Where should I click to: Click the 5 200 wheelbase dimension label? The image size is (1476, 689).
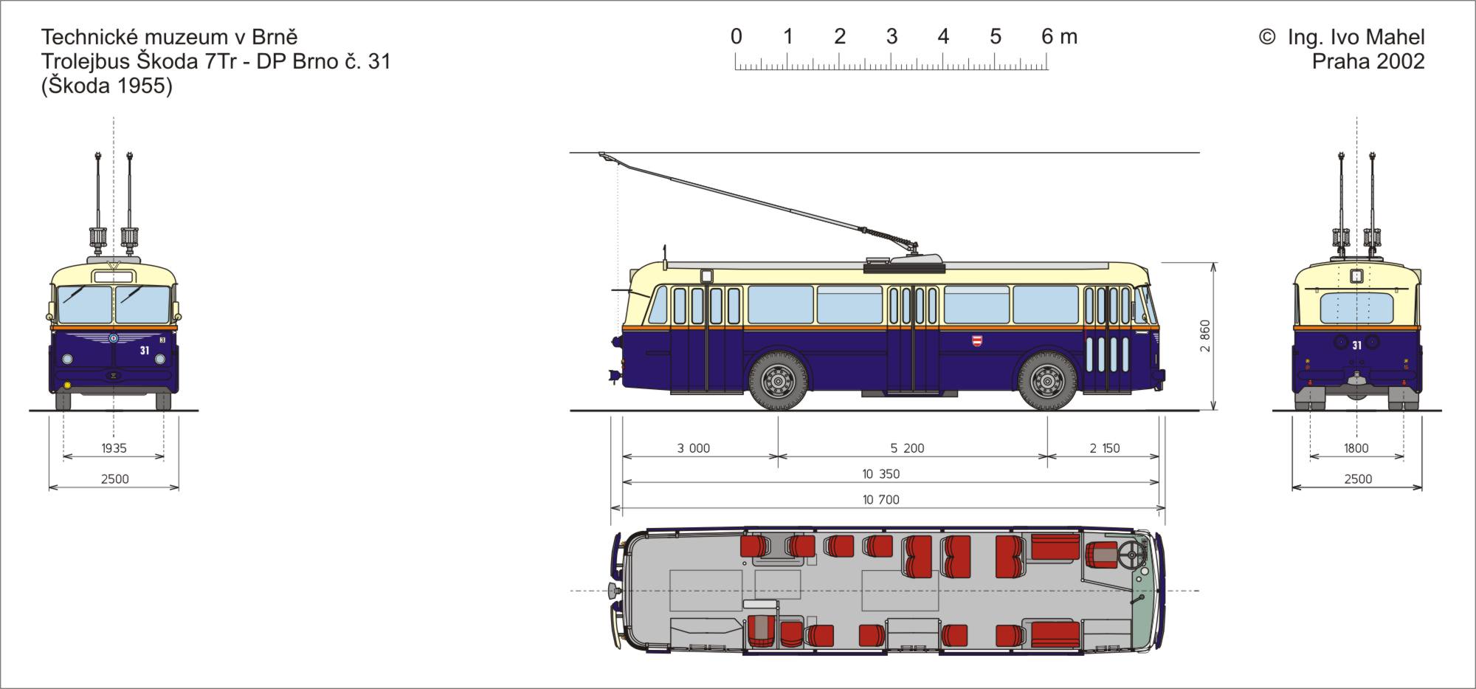pos(907,448)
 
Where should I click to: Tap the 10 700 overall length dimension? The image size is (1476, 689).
pos(881,500)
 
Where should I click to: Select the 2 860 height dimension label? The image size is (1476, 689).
pos(1205,336)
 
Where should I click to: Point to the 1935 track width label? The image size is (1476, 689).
pos(114,448)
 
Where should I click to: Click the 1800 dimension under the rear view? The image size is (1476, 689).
pos(1356,448)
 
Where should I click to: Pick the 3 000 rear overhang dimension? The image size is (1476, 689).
pos(694,448)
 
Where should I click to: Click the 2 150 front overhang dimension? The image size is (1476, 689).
pos(1105,448)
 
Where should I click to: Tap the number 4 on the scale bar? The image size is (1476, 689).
pos(943,36)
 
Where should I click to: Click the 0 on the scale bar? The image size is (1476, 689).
pos(736,36)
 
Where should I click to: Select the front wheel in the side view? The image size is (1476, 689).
pos(1047,382)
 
